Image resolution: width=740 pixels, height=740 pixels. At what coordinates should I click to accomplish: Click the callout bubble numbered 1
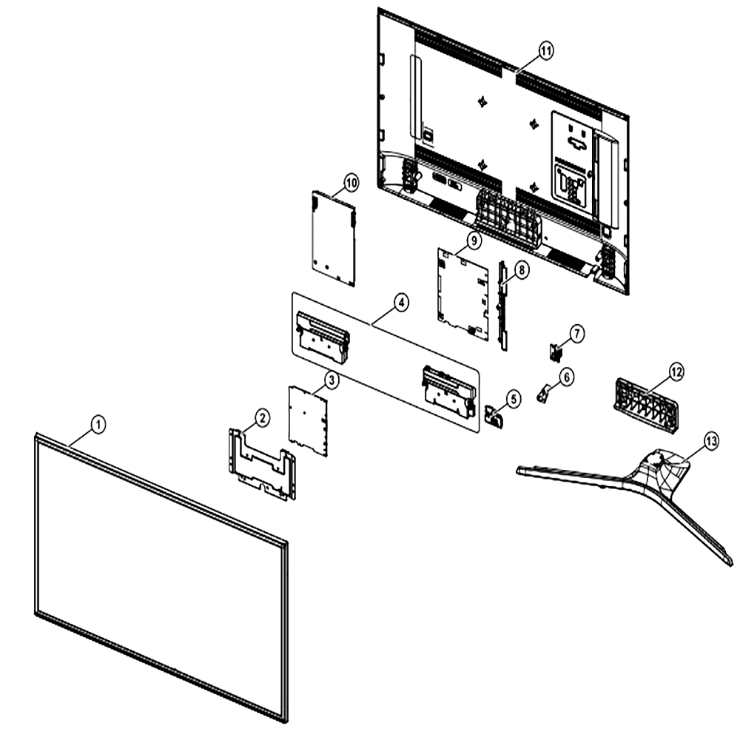pos(98,424)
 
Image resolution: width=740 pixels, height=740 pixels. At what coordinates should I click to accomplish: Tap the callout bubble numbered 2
pos(263,417)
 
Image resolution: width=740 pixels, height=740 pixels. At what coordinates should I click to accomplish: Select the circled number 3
pos(332,380)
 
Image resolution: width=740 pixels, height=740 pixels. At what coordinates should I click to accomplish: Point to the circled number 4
pos(400,303)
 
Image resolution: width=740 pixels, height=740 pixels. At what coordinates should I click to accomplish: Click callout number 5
pos(513,399)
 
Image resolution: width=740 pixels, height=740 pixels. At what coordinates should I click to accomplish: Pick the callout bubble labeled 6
pos(566,377)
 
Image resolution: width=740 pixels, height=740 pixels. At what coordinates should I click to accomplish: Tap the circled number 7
pos(576,334)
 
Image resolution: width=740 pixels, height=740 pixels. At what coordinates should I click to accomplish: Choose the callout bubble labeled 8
pos(521,270)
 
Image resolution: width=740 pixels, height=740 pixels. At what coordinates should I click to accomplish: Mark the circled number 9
pos(474,240)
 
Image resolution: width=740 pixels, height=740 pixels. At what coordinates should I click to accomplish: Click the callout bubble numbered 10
pos(351,183)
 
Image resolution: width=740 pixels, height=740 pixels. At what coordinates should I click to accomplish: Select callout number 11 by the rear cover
pos(545,50)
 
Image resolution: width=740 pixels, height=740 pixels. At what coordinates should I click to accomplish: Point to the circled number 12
pos(676,372)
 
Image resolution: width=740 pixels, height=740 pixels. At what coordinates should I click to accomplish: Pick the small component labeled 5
pos(494,416)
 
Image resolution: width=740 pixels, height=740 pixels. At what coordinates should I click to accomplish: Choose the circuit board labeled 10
pos(334,238)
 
